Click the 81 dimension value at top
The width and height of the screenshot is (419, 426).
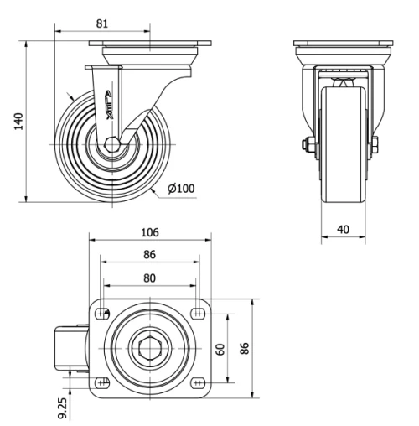102,23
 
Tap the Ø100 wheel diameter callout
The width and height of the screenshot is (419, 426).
181,188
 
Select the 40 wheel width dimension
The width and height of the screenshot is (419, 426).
344,228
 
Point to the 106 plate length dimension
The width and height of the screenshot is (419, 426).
151,231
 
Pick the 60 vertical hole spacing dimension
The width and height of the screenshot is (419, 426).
220,348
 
